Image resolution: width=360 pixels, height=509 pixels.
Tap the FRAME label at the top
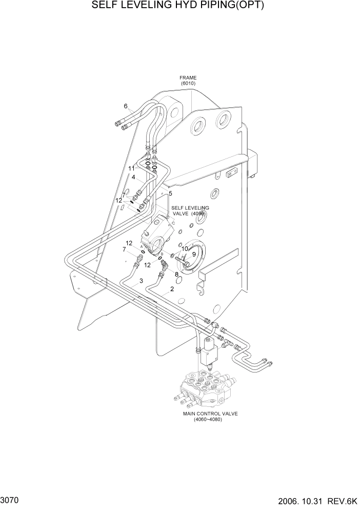[188, 78]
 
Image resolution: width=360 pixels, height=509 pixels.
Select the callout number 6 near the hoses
[125, 106]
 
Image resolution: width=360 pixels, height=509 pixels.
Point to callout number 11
[132, 168]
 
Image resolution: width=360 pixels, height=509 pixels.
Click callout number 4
[133, 178]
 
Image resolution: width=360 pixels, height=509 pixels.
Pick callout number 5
[170, 193]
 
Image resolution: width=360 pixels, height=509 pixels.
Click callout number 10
[185, 249]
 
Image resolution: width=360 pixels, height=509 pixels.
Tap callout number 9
[194, 254]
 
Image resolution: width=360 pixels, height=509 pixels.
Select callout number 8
[176, 275]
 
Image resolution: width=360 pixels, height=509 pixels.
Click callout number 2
[172, 289]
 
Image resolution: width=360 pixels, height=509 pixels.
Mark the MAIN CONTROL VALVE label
[210, 413]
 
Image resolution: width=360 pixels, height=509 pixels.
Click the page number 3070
[11, 499]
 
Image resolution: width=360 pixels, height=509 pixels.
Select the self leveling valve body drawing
[160, 235]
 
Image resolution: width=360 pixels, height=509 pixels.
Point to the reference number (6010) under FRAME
[188, 84]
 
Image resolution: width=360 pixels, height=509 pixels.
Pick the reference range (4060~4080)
[210, 419]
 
